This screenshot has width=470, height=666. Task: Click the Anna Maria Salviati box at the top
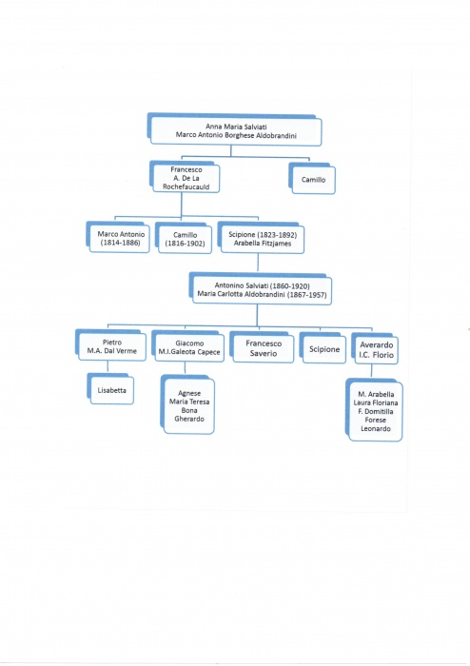point(234,129)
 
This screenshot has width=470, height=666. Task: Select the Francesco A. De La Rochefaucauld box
point(185,177)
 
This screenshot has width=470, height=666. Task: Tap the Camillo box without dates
point(312,179)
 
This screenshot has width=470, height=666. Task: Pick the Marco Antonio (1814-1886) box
point(118,238)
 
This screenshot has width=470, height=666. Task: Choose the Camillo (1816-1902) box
point(184,238)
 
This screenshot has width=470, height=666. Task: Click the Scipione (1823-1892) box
point(261,238)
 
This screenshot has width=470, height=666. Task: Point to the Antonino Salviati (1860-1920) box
point(261,289)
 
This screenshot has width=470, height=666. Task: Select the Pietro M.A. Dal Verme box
point(110,345)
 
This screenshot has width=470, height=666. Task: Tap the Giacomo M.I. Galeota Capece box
point(188,346)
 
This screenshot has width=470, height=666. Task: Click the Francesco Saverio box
point(262,347)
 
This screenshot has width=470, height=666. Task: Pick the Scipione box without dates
point(323,348)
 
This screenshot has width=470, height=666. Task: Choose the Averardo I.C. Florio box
point(375,349)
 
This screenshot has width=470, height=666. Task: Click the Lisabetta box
point(110,388)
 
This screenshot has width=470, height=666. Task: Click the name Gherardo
point(189,419)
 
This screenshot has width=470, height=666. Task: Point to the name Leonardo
point(376,428)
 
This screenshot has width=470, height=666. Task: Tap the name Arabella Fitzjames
point(263,244)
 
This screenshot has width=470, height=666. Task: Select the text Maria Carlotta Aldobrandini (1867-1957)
point(262,294)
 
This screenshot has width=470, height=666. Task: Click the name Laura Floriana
point(376,402)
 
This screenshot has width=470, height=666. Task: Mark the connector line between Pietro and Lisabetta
point(108,367)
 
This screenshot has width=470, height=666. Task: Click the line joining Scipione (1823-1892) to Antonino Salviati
point(258,263)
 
